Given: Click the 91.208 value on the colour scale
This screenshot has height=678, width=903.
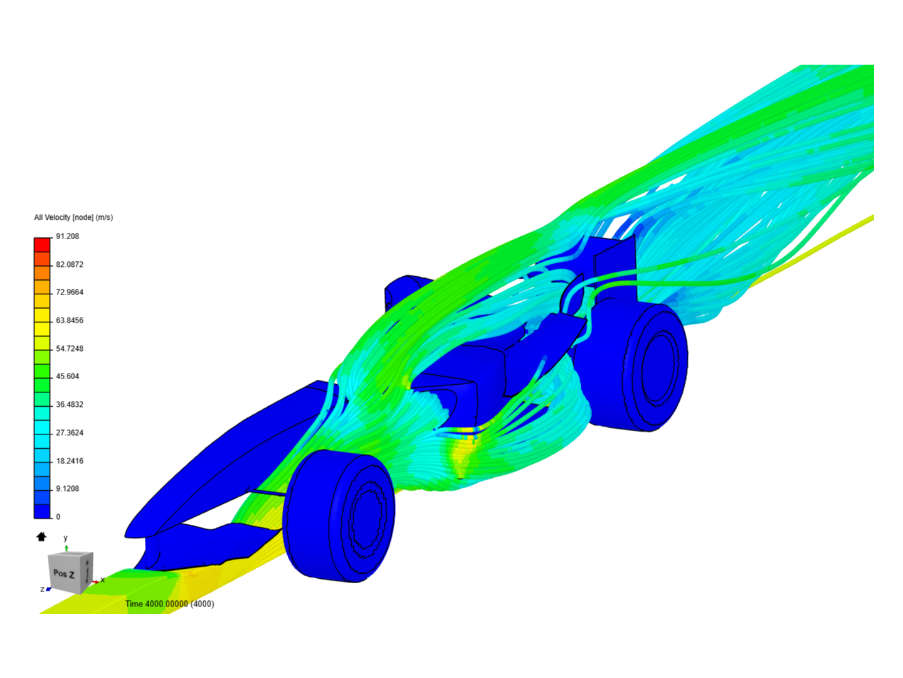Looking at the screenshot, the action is pyautogui.click(x=68, y=236).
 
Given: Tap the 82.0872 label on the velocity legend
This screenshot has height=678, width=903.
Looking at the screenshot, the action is pyautogui.click(x=70, y=264).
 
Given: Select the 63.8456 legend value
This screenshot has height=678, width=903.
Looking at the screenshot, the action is pyautogui.click(x=70, y=320).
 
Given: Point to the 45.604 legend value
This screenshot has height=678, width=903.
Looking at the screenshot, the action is pyautogui.click(x=68, y=376).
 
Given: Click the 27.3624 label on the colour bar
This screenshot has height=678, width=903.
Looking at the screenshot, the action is pyautogui.click(x=70, y=433).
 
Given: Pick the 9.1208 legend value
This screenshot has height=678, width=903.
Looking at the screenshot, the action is pyautogui.click(x=68, y=488).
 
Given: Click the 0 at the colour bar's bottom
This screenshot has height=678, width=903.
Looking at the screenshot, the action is pyautogui.click(x=58, y=517).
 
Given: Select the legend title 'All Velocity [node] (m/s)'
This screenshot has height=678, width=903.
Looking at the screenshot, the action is pyautogui.click(x=73, y=217).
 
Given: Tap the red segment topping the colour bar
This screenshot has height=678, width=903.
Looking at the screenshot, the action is pyautogui.click(x=42, y=245).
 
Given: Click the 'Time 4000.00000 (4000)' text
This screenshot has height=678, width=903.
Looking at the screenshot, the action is pyautogui.click(x=169, y=604).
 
